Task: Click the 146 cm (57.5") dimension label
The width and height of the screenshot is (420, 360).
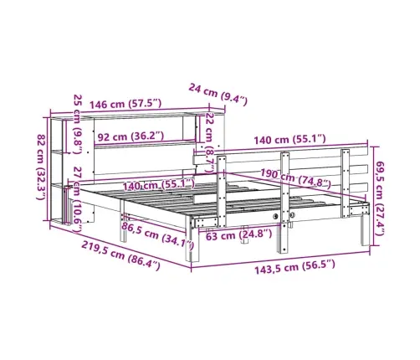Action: pyautogui.click(x=125, y=104)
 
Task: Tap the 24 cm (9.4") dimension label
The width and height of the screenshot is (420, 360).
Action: pyautogui.click(x=218, y=95)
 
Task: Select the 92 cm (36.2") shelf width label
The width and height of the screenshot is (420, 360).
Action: pyautogui.click(x=131, y=136)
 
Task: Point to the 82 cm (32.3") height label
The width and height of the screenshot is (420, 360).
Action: pyautogui.click(x=42, y=167)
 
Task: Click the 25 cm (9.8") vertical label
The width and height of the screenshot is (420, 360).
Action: pyautogui.click(x=78, y=124)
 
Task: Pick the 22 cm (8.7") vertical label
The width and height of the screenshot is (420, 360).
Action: pyautogui.click(x=209, y=142)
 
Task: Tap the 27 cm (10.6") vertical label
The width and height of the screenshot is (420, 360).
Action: pyautogui.click(x=77, y=200)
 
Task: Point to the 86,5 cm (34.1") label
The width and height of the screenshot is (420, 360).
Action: pyautogui.click(x=157, y=236)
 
